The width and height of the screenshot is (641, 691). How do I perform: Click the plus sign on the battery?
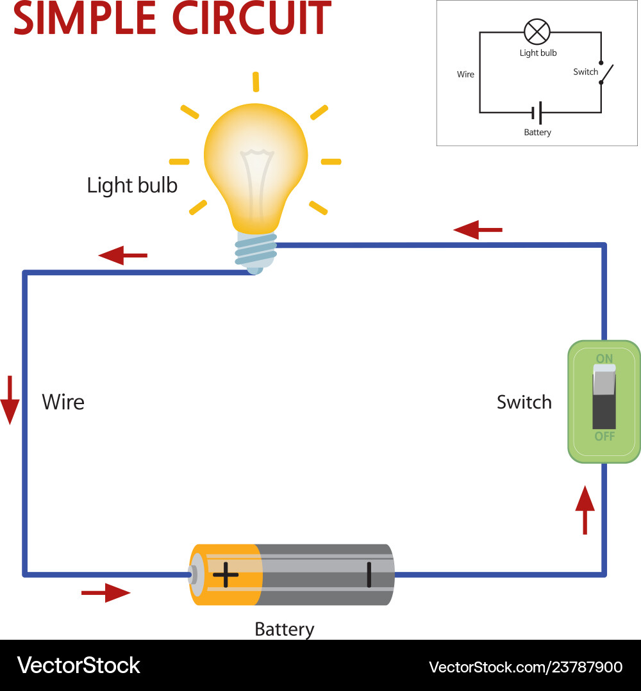(x=225, y=574)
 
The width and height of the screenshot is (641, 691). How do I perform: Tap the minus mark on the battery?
(x=369, y=574)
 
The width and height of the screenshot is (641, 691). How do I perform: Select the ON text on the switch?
(x=604, y=359)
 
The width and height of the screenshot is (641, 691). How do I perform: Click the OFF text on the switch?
(x=604, y=437)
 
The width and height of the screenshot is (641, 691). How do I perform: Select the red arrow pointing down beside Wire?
(x=10, y=400)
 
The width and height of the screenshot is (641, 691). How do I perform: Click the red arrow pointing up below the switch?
(x=585, y=510)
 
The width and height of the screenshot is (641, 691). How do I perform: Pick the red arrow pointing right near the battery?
(x=106, y=593)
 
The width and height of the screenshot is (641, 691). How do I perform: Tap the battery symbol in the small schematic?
(x=538, y=113)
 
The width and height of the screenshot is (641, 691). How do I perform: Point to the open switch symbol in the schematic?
(x=606, y=76)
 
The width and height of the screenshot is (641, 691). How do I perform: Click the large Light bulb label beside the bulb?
(x=132, y=186)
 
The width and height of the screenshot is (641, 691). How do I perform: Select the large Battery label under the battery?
(x=285, y=629)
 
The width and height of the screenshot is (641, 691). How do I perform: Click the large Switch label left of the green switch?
(x=524, y=402)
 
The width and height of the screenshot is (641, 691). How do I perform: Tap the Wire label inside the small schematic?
(x=466, y=74)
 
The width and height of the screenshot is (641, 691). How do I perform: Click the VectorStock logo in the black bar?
(x=79, y=665)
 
